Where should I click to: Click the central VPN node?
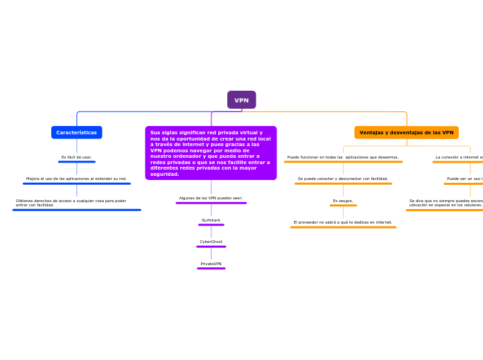(x=241, y=100)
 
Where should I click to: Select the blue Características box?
(x=76, y=132)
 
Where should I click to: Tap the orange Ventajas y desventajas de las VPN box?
(x=406, y=132)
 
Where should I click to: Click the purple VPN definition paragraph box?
(x=211, y=153)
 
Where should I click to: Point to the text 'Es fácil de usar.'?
(x=76, y=157)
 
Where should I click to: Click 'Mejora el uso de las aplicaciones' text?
(x=76, y=179)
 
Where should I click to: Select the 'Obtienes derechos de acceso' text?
(x=71, y=203)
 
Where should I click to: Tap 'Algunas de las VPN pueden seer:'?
(x=211, y=198)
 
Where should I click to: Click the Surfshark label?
(x=211, y=220)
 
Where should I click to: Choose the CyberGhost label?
(x=211, y=242)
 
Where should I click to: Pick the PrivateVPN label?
(x=211, y=264)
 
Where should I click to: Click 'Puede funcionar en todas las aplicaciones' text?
(x=343, y=157)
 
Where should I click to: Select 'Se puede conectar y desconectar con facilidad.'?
(x=343, y=179)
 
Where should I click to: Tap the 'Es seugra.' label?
(x=343, y=201)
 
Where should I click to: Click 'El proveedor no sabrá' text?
(x=343, y=222)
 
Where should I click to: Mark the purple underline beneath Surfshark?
(x=211, y=225)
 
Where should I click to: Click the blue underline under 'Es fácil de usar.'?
(x=76, y=162)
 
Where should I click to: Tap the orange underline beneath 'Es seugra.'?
(x=343, y=206)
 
